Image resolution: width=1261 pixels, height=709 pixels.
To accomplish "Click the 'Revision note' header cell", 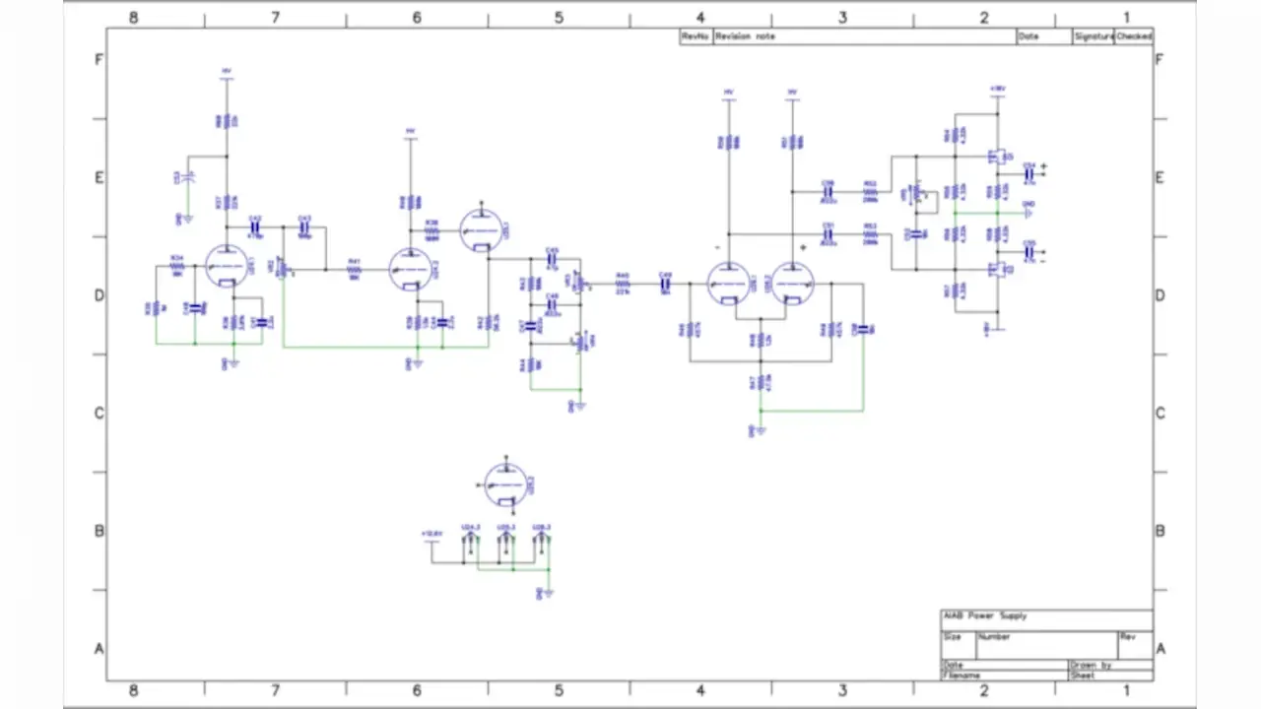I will coord(745,36).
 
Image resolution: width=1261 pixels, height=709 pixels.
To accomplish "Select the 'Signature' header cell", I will coord(1094,36).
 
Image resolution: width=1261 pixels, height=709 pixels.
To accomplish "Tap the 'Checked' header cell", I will coord(1133,36).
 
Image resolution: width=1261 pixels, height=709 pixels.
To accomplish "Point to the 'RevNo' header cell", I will coord(695,36).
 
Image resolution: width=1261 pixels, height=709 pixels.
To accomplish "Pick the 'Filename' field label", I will coord(962,676).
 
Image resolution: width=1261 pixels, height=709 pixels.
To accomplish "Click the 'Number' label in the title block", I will coord(994,636).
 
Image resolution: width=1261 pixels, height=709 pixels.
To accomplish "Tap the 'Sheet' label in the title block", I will coord(1082,676).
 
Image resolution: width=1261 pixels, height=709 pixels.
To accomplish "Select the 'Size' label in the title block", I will coord(953,636).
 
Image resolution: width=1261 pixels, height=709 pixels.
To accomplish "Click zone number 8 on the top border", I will coord(134,18).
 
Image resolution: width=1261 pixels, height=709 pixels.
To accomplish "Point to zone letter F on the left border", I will coord(99,59).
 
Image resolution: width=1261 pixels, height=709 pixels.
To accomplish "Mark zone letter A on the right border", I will coord(1161,648).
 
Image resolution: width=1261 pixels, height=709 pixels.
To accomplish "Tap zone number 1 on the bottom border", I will coord(1126,690).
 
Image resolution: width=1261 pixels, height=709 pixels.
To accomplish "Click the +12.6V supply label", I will coord(431,534).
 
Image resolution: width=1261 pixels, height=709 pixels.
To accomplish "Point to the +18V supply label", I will coord(997,88).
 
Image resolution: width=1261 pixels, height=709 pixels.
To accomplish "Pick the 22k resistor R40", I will coord(622,284).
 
